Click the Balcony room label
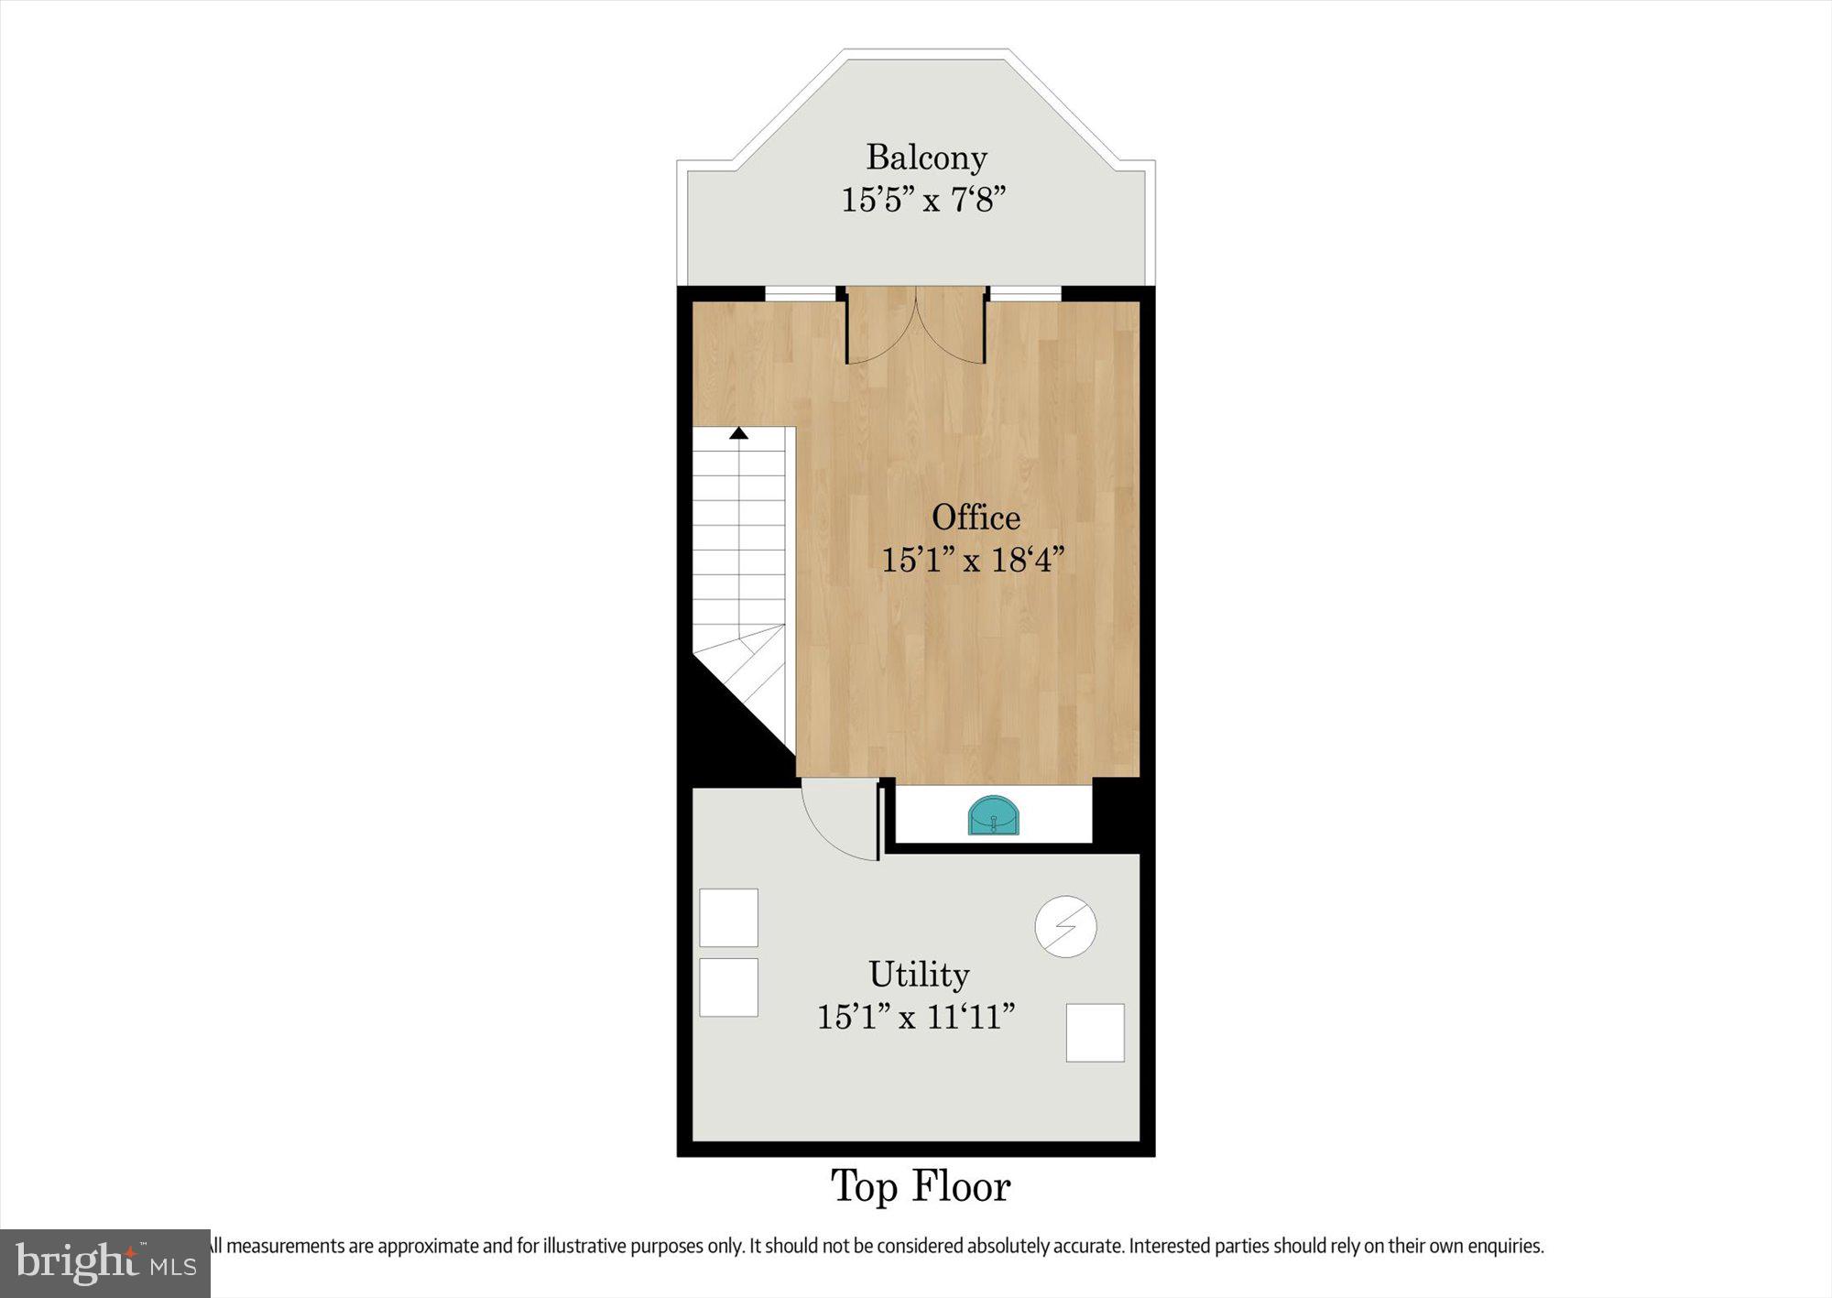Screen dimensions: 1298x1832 click(926, 158)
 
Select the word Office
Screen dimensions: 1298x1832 click(976, 518)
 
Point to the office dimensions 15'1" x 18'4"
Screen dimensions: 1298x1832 click(973, 560)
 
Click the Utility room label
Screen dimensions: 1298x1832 click(919, 975)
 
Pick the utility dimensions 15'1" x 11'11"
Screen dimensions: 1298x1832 click(916, 1017)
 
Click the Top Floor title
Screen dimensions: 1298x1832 click(921, 1187)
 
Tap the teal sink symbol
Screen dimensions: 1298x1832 click(993, 816)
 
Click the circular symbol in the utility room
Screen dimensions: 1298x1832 click(1065, 927)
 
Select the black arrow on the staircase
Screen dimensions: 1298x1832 click(738, 433)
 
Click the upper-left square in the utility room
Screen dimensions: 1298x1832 click(728, 918)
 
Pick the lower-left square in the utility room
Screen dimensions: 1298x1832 click(728, 987)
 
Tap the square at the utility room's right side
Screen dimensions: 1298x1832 click(1095, 1033)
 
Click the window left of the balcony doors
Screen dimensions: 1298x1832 click(801, 293)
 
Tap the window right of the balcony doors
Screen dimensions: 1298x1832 click(1025, 293)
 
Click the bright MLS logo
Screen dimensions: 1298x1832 click(105, 1264)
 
